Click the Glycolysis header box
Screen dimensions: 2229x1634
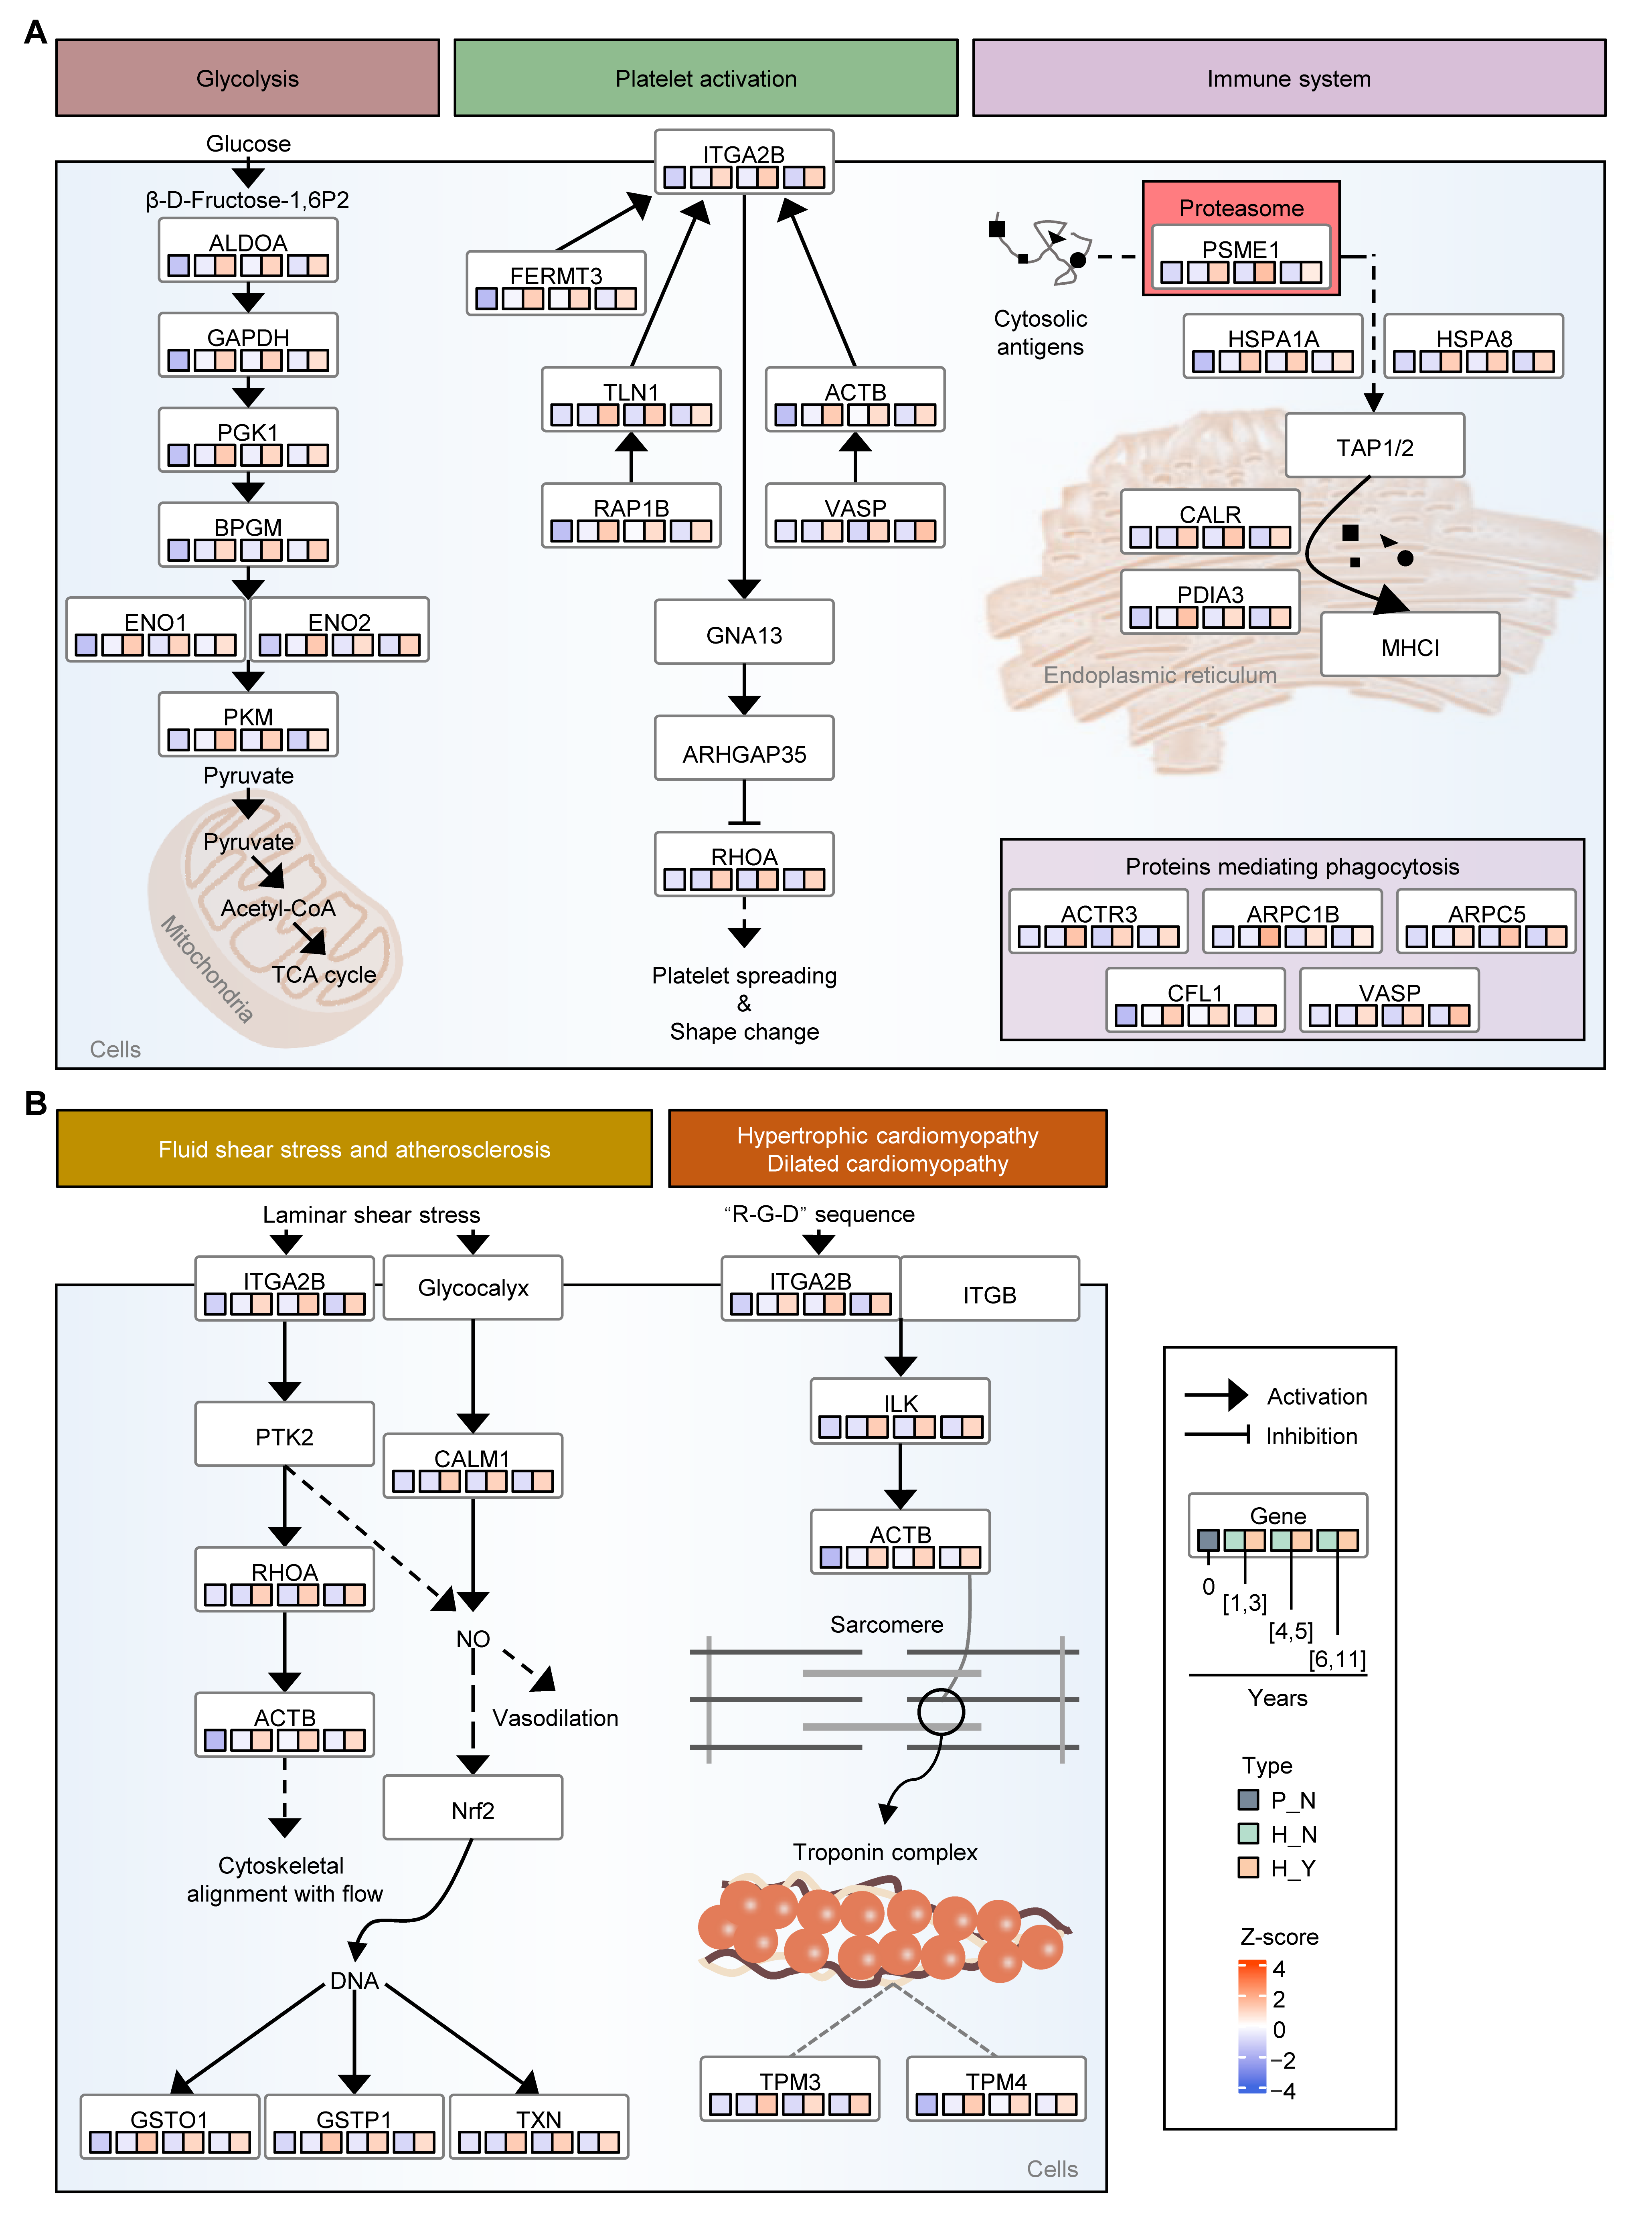247,78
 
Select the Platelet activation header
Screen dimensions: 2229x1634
705,78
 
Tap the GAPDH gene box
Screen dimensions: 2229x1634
248,345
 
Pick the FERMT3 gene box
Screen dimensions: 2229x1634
556,284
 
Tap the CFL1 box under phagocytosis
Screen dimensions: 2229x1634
1195,1001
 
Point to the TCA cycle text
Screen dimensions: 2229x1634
324,975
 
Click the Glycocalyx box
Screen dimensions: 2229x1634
473,1288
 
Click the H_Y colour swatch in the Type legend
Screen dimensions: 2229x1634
1248,1867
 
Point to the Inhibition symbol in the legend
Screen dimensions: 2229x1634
1219,1435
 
